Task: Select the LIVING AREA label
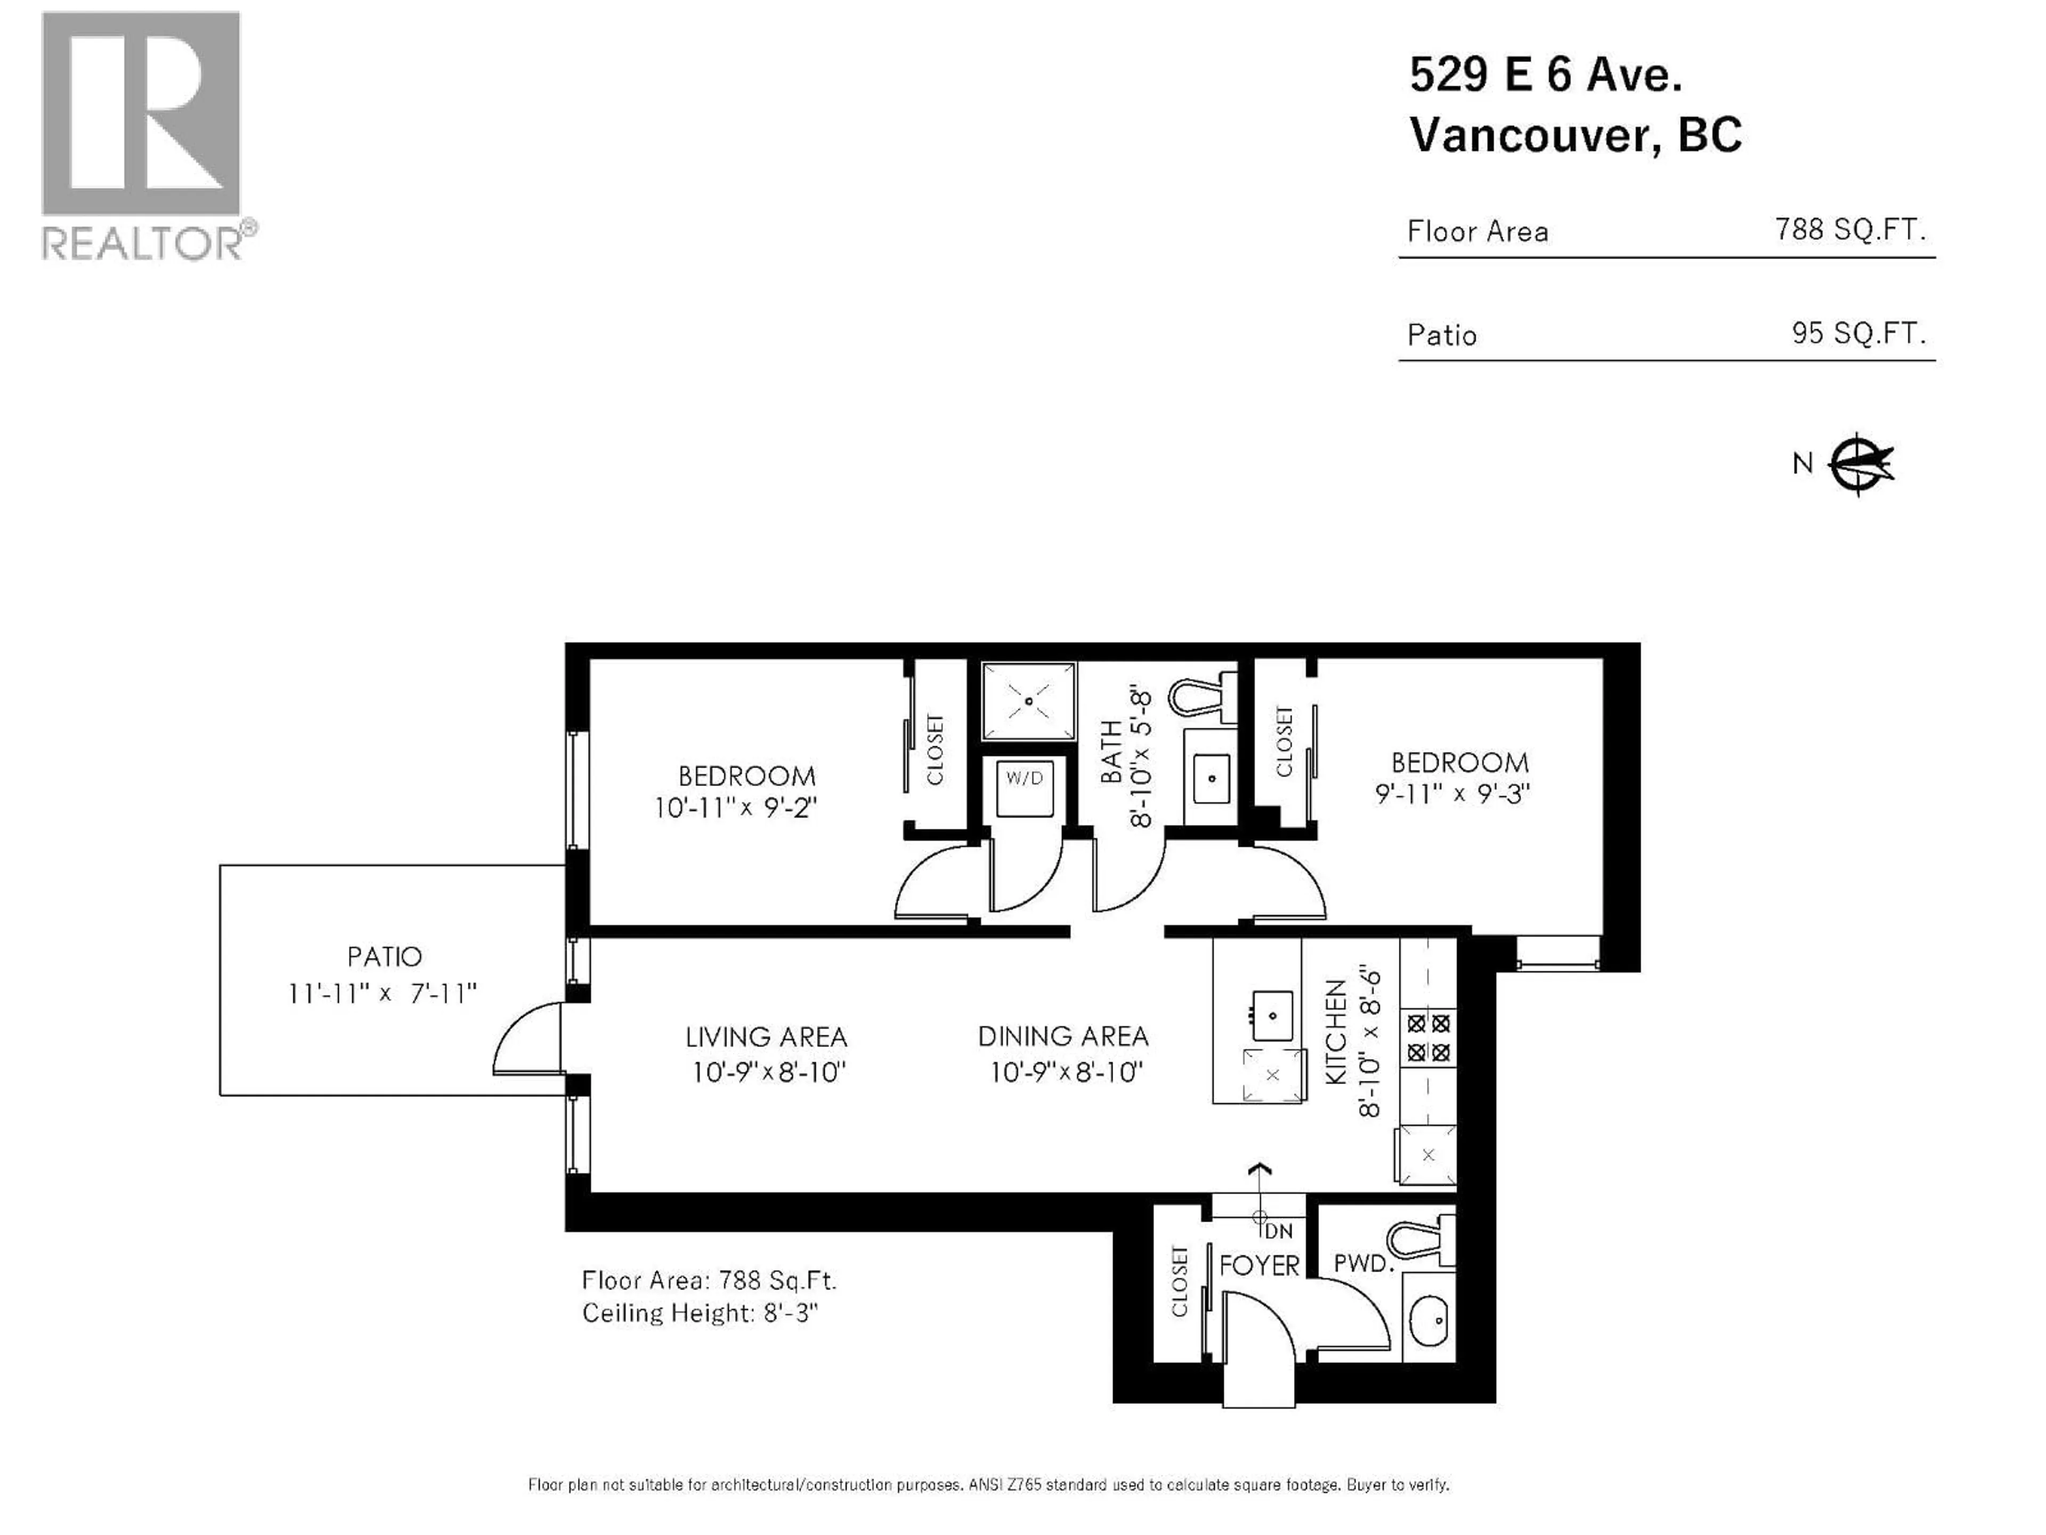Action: (x=766, y=1037)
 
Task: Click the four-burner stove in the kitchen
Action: (x=1428, y=1037)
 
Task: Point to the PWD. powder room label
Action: (x=1362, y=1263)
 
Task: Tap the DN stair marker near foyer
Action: (x=1277, y=1232)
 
